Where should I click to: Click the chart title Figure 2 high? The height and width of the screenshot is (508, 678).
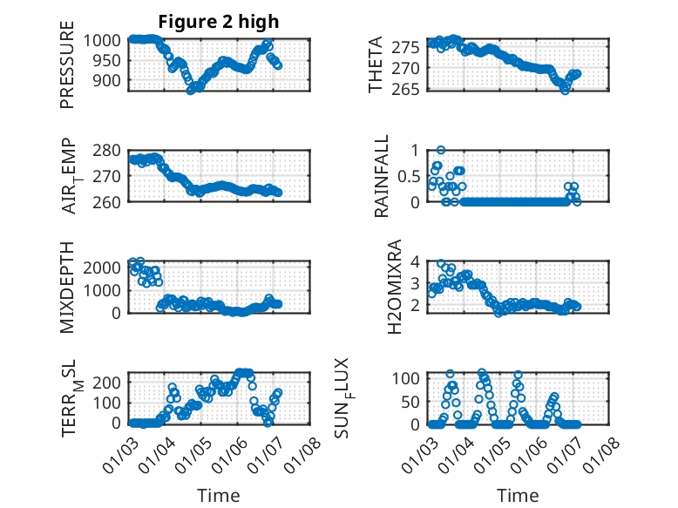point(219,22)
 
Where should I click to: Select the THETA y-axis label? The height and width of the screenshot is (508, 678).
point(376,64)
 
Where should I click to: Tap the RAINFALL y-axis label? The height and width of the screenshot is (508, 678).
point(382,175)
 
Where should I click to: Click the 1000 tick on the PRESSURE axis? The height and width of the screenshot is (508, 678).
point(109,40)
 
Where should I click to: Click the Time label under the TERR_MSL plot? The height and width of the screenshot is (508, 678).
point(219,496)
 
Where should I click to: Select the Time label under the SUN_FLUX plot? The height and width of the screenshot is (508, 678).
point(518,496)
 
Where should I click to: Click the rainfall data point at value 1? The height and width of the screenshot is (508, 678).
point(441,150)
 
